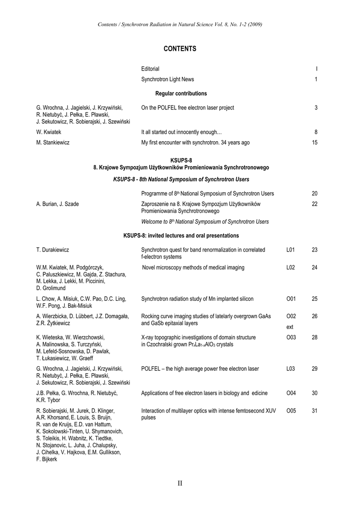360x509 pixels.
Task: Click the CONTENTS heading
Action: coord(180,49)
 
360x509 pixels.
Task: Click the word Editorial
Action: coord(150,69)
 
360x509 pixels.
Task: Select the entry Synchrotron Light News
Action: coord(168,80)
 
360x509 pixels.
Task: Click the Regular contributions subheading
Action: coord(181,93)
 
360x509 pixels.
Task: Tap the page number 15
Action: coord(314,143)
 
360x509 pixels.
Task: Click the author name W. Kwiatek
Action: coord(49,132)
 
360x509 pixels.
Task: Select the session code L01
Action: coord(291,250)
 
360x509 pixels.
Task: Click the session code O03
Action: coord(291,338)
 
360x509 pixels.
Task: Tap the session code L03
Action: coord(291,368)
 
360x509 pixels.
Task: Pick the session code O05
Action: coord(291,411)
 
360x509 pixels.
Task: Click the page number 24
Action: coord(314,267)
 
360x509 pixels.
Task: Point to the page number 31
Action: coord(314,411)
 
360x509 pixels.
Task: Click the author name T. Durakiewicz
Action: coord(55,250)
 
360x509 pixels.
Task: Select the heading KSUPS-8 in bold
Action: coord(181,160)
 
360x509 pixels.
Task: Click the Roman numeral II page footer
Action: coord(180,483)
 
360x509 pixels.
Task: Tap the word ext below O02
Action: coord(290,327)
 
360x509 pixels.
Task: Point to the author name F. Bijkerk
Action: coord(47,459)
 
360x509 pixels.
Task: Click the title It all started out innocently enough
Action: coord(181,132)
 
